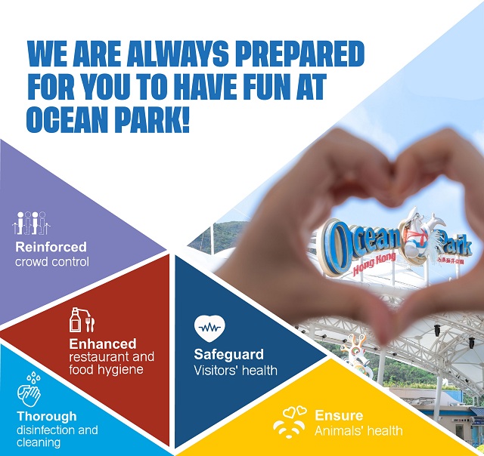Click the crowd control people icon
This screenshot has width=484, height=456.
coord(30,222)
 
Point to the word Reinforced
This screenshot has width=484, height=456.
coord(51,247)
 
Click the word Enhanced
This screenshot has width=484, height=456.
coord(103,344)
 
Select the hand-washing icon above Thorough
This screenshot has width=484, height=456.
coord(29,390)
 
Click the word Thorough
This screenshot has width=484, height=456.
coord(47,416)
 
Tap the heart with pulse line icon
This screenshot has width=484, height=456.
coord(209,328)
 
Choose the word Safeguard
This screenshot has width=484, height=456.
coord(229,354)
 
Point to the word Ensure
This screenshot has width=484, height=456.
coord(339,416)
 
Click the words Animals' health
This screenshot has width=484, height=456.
coord(358,432)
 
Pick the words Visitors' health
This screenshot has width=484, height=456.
coord(235,371)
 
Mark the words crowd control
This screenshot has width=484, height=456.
coord(52,262)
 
